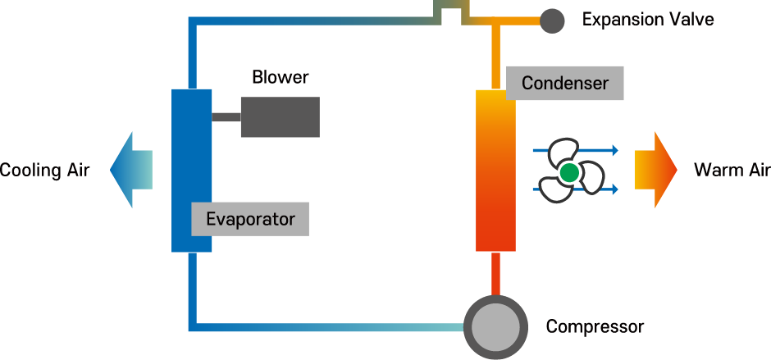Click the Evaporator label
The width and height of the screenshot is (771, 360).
click(250, 219)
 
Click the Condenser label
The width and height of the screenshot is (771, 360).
click(565, 84)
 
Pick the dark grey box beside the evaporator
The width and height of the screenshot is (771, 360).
click(280, 117)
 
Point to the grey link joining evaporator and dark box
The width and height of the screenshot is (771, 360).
click(226, 117)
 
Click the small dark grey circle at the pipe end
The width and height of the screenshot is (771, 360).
click(552, 21)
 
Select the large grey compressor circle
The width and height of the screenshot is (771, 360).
click(495, 327)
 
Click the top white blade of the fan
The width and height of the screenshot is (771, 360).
click(563, 151)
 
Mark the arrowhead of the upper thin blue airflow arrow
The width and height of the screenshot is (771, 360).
click(614, 151)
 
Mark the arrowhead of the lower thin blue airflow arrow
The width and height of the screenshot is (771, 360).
click(614, 190)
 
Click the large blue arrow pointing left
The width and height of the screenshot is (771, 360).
click(131, 170)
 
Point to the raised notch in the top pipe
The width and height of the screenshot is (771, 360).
click(448, 8)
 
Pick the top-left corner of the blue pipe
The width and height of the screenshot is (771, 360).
click(192, 21)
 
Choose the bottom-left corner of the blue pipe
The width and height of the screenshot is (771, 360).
click(192, 327)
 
